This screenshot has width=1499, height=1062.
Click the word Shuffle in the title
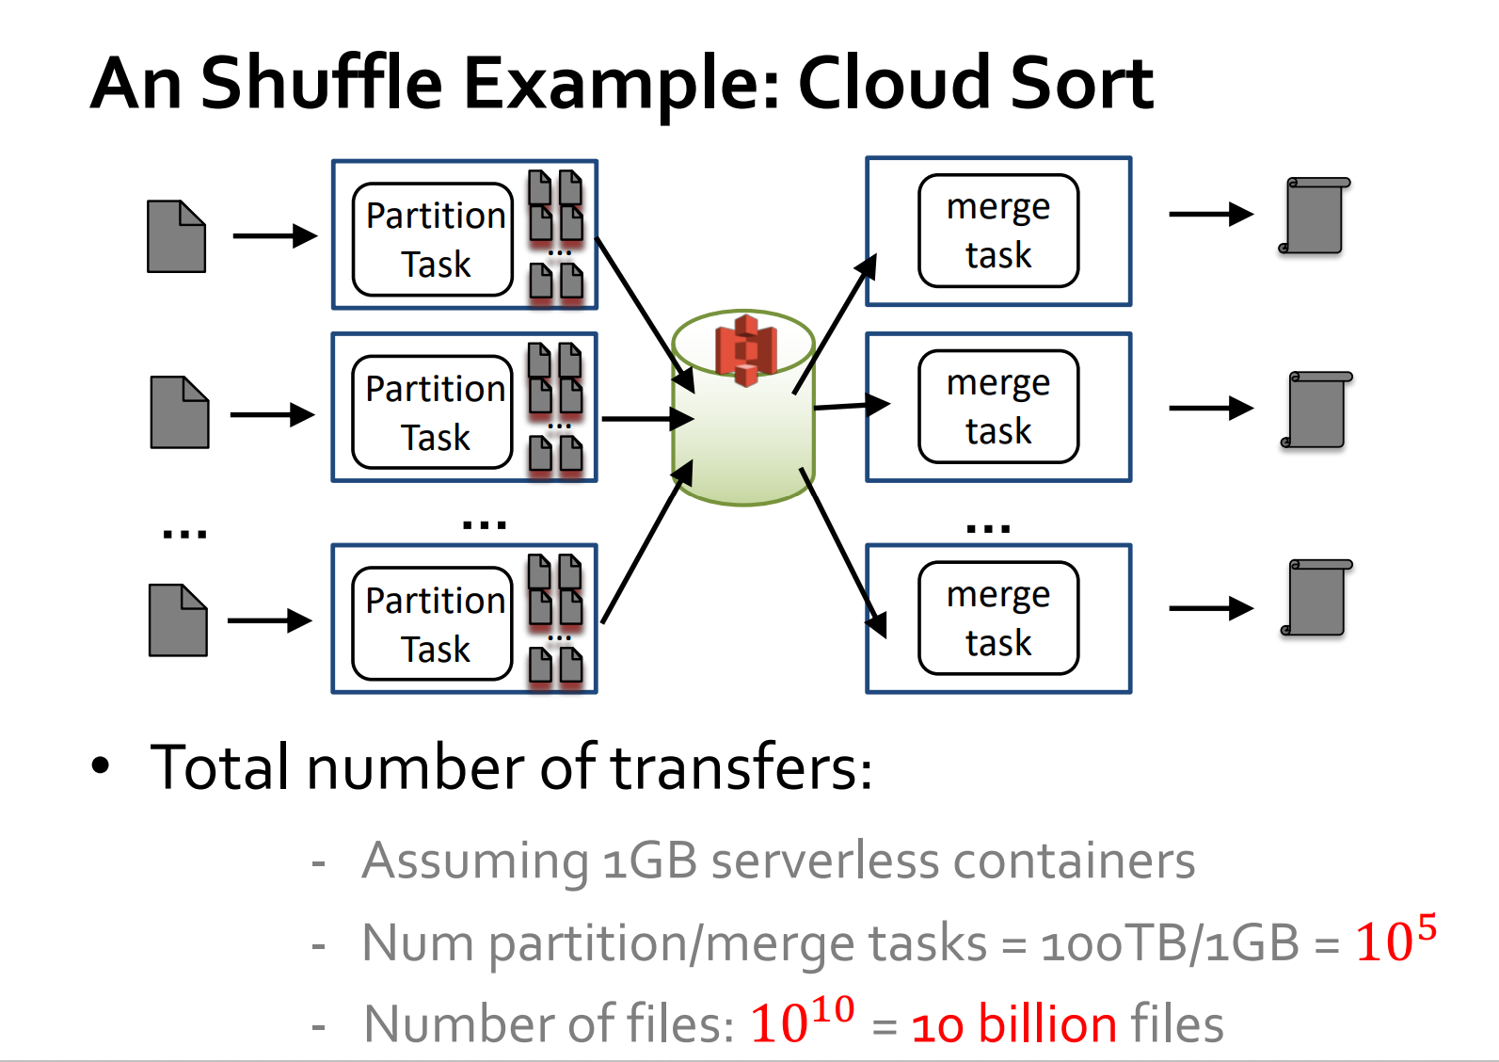pyautogui.click(x=321, y=84)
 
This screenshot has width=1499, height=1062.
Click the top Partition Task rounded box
pyautogui.click(x=433, y=239)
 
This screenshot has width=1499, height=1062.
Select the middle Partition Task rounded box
pyautogui.click(x=433, y=412)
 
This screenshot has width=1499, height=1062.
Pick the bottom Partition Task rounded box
pyautogui.click(x=433, y=623)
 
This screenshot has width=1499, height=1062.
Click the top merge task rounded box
pyautogui.click(x=998, y=231)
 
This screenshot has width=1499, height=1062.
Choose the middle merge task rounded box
pyautogui.click(x=998, y=407)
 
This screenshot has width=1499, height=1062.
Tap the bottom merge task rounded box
pyautogui.click(x=998, y=619)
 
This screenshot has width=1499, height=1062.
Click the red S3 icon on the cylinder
pyautogui.click(x=745, y=349)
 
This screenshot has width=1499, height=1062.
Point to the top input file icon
pyautogui.click(x=177, y=236)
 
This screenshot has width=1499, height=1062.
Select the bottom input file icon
pyautogui.click(x=178, y=620)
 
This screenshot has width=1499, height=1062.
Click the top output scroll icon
pyautogui.click(x=1315, y=216)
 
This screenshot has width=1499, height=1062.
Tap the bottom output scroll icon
pyautogui.click(x=1316, y=598)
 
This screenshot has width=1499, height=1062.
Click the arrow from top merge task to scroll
pyautogui.click(x=1210, y=215)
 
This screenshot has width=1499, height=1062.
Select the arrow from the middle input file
pyautogui.click(x=272, y=414)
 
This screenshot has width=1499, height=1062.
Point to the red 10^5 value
pyautogui.click(x=1395, y=940)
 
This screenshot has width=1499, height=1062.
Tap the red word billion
pyautogui.click(x=1047, y=1024)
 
